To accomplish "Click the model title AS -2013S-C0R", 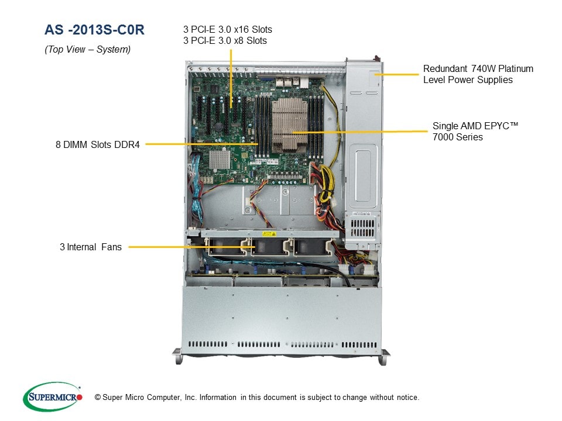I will (94, 30).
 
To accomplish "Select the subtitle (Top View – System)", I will (88, 50).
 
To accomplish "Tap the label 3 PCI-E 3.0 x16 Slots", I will (228, 29).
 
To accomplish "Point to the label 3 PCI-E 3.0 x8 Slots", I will (225, 40).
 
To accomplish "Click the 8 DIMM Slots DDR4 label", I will (98, 144).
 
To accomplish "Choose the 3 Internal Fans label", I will (91, 247).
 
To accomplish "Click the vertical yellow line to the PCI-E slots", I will (231, 76).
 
